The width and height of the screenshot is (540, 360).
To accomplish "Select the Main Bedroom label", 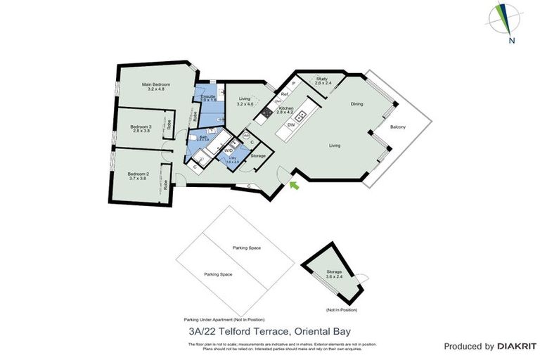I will coord(155,86).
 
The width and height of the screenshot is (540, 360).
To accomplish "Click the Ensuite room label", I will coord(208,98).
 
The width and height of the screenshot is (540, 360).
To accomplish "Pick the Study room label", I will coord(322,81).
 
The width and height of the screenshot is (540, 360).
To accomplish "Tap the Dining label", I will coord(357,104).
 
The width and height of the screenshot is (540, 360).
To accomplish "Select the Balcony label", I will coord(398,127).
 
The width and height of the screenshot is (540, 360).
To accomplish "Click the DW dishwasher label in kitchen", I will coord(290,124).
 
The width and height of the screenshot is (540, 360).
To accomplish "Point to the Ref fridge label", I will coord(284,94).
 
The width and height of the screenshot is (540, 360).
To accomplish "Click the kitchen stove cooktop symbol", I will coord(267,111).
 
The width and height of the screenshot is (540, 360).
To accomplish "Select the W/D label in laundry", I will coord(229,150).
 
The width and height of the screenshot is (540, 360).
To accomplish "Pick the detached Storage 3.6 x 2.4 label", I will coord(334,274).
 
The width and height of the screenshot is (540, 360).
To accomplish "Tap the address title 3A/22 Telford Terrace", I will coord(270,330).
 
